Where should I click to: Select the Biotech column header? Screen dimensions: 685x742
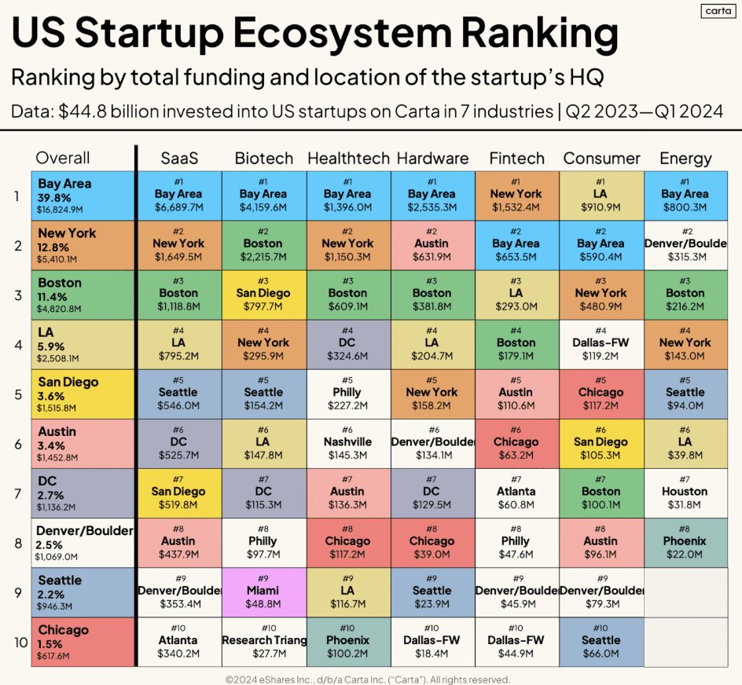click(263, 159)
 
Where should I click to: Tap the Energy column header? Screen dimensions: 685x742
click(685, 159)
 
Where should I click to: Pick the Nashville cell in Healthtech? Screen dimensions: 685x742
click(347, 443)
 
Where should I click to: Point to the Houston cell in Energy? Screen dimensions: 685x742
click(685, 493)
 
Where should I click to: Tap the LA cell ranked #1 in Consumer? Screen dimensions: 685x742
click(601, 195)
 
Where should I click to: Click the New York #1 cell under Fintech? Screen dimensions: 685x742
click(516, 195)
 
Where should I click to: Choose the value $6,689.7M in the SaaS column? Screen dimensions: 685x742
click(178, 208)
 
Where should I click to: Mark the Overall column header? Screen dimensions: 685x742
click(63, 159)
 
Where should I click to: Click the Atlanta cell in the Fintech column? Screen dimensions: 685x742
click(516, 493)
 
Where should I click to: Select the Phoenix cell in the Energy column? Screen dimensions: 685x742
click(685, 542)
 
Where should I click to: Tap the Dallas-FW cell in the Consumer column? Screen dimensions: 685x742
click(601, 344)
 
